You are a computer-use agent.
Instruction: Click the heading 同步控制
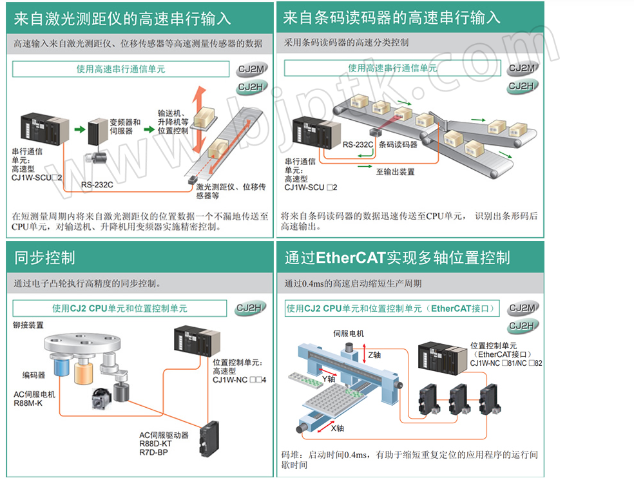(45, 258)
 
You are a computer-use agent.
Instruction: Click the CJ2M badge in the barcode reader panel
(522, 68)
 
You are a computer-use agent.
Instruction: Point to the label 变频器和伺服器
(125, 126)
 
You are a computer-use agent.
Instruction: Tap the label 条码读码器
(398, 145)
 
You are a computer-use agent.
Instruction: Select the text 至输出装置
(395, 172)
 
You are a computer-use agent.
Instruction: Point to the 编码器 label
(34, 374)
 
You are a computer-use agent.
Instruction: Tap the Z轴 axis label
(374, 354)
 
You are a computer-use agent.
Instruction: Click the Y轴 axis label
(329, 379)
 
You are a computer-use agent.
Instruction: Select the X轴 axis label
(338, 428)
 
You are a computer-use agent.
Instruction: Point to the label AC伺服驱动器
(164, 435)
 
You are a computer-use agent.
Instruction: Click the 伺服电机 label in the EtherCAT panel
(349, 334)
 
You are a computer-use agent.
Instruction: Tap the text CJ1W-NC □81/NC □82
(506, 363)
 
